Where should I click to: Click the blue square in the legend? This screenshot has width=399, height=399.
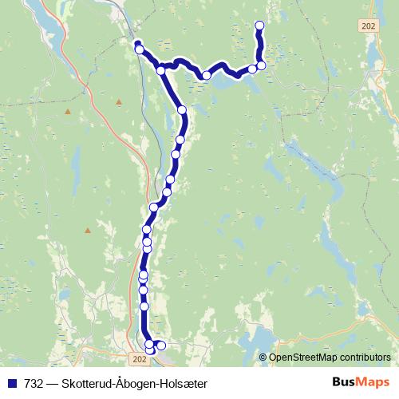[11, 384]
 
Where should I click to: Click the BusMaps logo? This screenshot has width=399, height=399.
[361, 383]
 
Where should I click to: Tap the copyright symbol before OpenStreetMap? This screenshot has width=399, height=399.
[263, 357]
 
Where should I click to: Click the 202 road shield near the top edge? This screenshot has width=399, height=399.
[368, 26]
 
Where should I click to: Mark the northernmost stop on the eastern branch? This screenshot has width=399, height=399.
[259, 26]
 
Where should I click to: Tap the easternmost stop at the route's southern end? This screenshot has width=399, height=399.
[161, 345]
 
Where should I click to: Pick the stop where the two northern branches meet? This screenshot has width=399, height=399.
[161, 70]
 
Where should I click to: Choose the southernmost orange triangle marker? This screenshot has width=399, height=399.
[88, 230]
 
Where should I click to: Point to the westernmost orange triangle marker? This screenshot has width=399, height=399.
[68, 111]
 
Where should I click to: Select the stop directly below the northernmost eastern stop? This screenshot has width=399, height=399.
[261, 65]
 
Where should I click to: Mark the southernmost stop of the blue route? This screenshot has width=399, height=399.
[150, 351]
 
